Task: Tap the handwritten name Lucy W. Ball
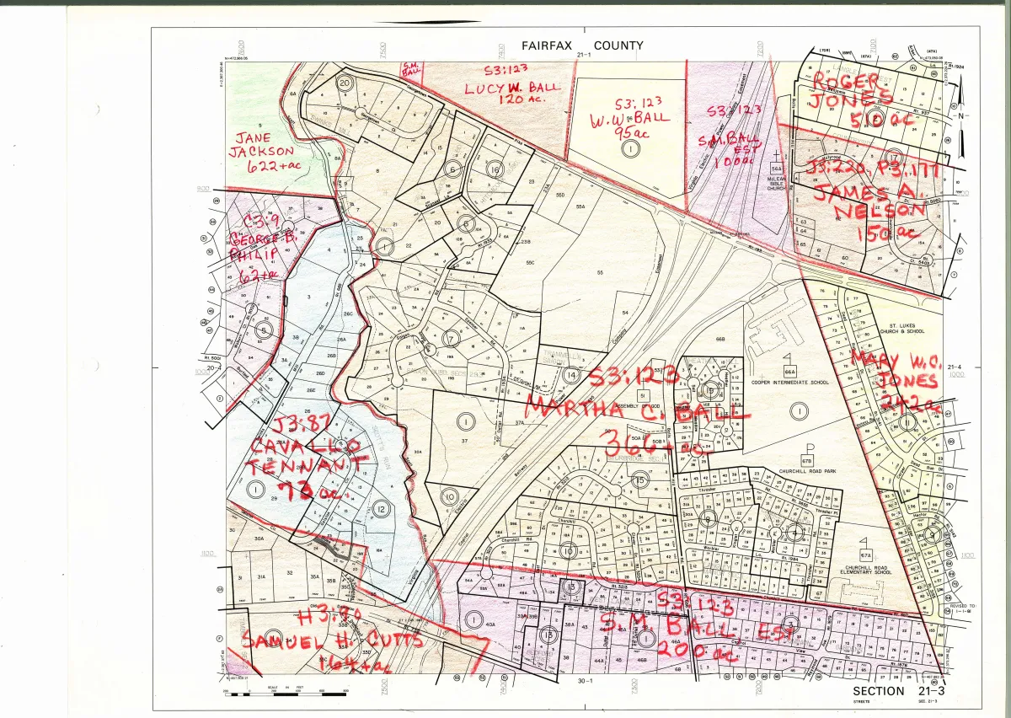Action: coord(506,87)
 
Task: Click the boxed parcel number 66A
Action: coord(789,372)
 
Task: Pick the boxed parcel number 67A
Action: coord(864,556)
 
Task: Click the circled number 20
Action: coord(344,83)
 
